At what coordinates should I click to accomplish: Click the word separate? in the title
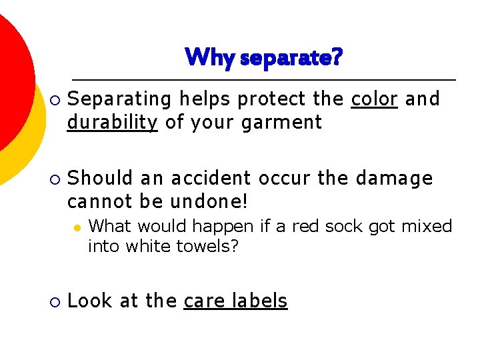(x=291, y=57)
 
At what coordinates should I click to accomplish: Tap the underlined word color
(x=375, y=99)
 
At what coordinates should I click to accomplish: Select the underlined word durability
(x=113, y=123)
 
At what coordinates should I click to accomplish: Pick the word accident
(x=211, y=178)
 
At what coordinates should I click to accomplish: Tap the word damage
(x=394, y=178)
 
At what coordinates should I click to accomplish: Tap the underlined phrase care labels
(x=235, y=301)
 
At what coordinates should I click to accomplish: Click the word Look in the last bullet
(x=90, y=301)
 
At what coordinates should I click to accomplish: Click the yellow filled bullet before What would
(x=77, y=227)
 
